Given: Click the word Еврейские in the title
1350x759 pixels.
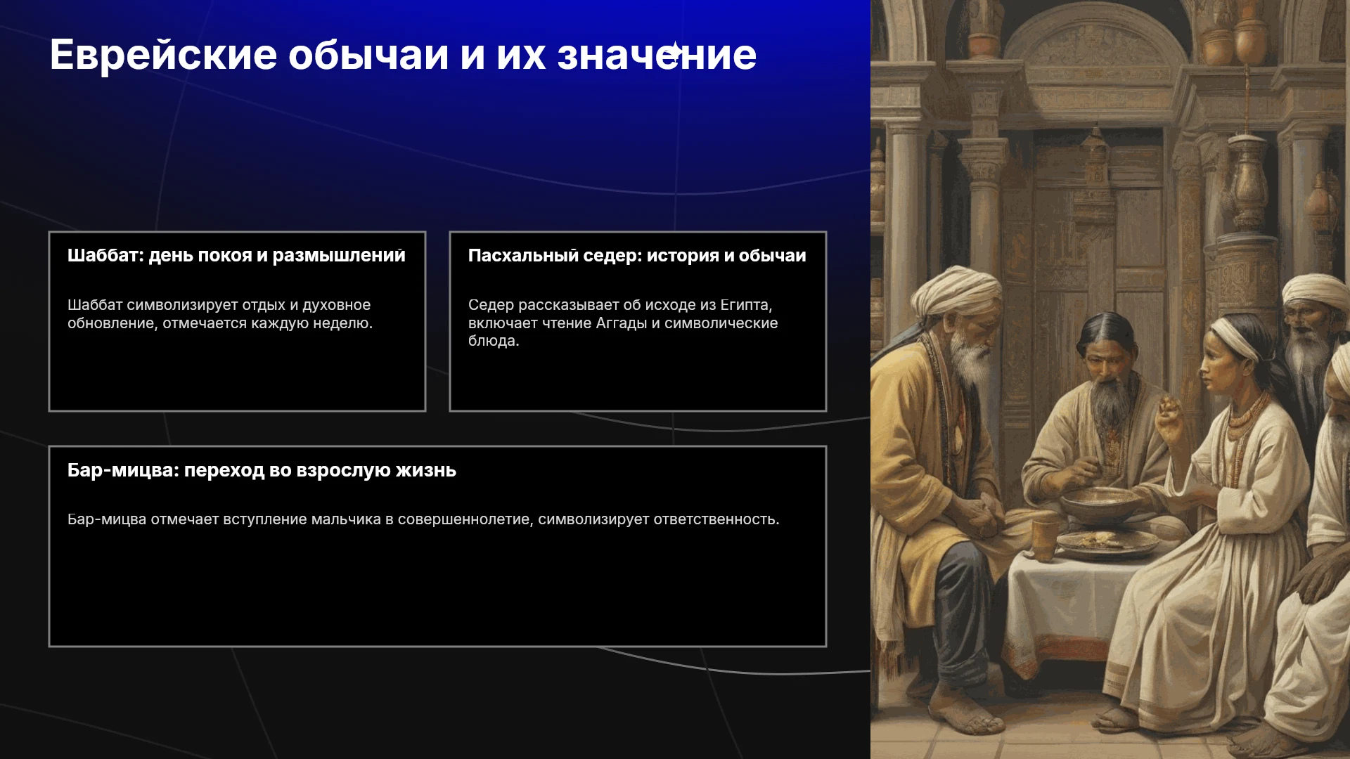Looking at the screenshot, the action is (x=163, y=56).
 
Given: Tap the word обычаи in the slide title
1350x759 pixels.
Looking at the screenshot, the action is (x=368, y=56).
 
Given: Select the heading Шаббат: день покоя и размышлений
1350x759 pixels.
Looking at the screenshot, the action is (x=236, y=256).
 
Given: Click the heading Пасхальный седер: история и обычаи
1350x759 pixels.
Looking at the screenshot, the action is (x=637, y=256).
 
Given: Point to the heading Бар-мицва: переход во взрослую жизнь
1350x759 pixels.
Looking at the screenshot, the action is (x=262, y=470).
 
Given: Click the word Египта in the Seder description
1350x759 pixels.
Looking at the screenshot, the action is (x=746, y=305).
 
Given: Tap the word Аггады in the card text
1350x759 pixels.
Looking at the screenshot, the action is (x=621, y=323).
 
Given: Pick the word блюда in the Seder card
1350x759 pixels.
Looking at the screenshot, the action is (x=494, y=341).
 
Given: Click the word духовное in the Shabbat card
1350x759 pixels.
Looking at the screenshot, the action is (x=336, y=305).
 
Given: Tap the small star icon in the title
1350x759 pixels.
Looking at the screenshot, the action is (x=674, y=51).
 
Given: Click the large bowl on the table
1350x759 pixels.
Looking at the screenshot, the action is (x=1101, y=504).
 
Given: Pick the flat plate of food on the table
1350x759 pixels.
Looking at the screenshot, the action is (x=1107, y=543).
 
